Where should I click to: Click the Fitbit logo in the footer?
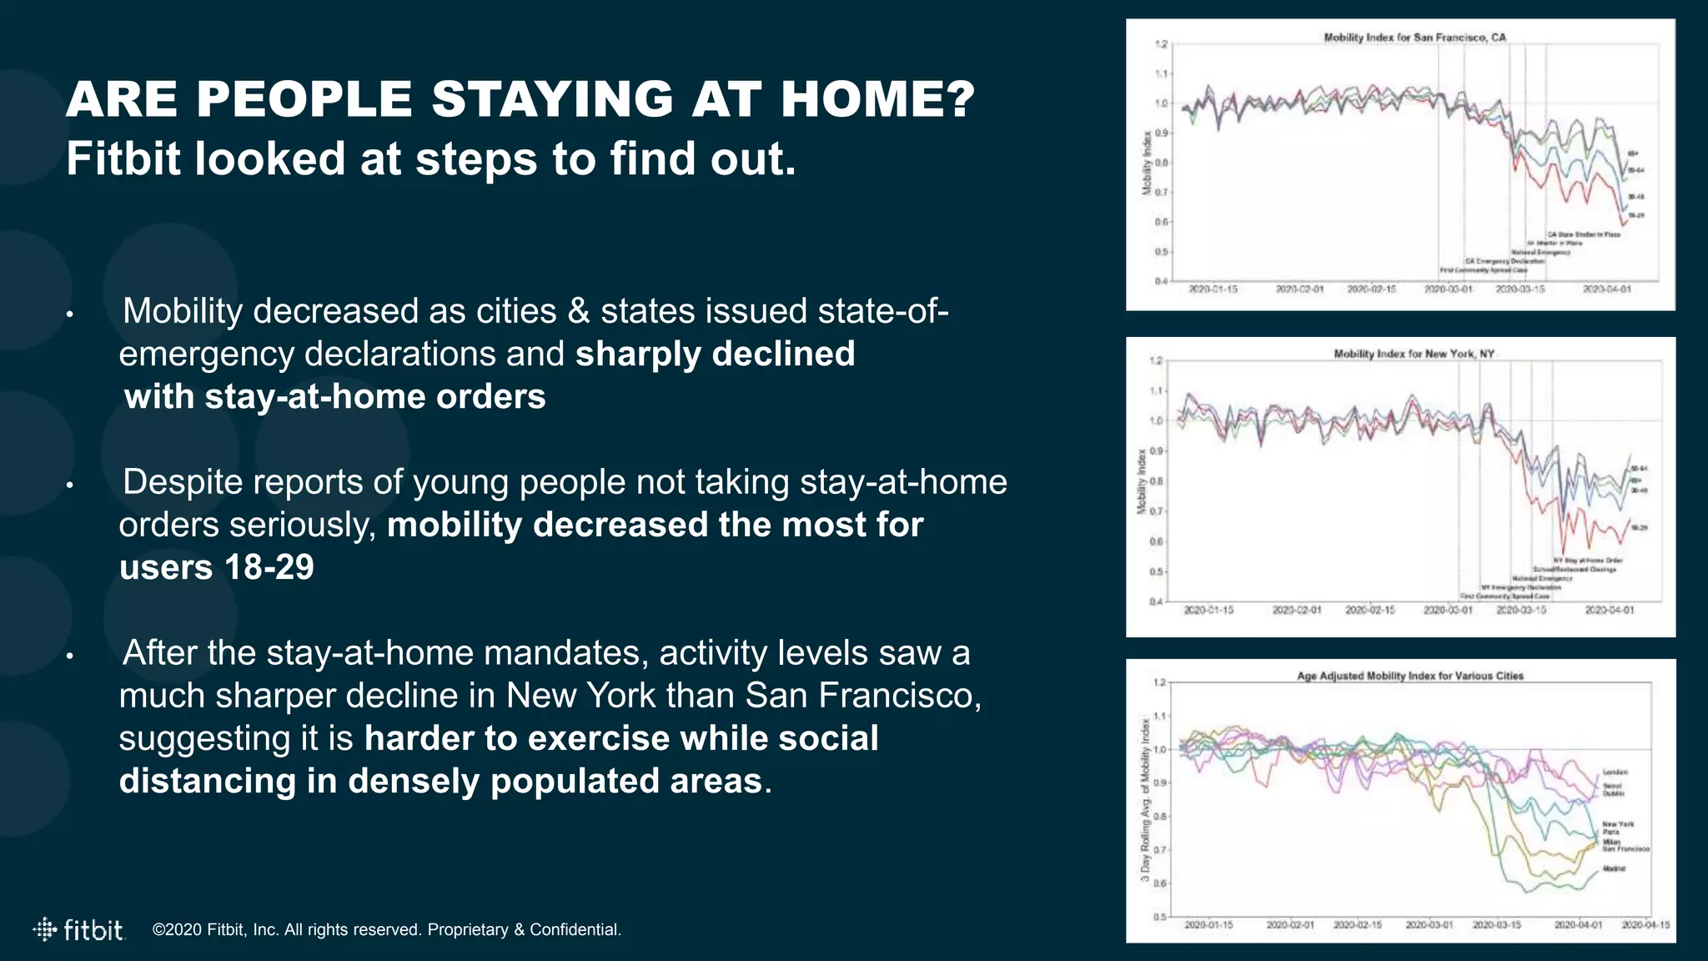tap(79, 929)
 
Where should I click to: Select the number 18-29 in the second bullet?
tap(269, 567)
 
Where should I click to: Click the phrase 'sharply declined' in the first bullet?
tap(715, 354)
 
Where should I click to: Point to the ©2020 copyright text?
tap(386, 929)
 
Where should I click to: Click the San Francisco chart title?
tap(1414, 38)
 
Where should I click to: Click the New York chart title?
tap(1414, 354)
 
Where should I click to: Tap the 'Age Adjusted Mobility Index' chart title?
tap(1409, 676)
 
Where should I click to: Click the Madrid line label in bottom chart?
tap(1613, 869)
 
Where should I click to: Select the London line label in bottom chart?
tap(1615, 772)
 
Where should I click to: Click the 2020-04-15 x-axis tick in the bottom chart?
tap(1645, 925)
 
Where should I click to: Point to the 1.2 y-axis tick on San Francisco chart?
tap(1160, 44)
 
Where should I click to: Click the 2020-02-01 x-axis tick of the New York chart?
tap(1296, 611)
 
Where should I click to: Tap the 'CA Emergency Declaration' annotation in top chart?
tap(1504, 261)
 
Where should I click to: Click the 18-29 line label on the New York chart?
tap(1638, 528)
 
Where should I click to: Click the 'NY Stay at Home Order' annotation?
tap(1587, 561)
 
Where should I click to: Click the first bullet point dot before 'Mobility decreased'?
tap(71, 315)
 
